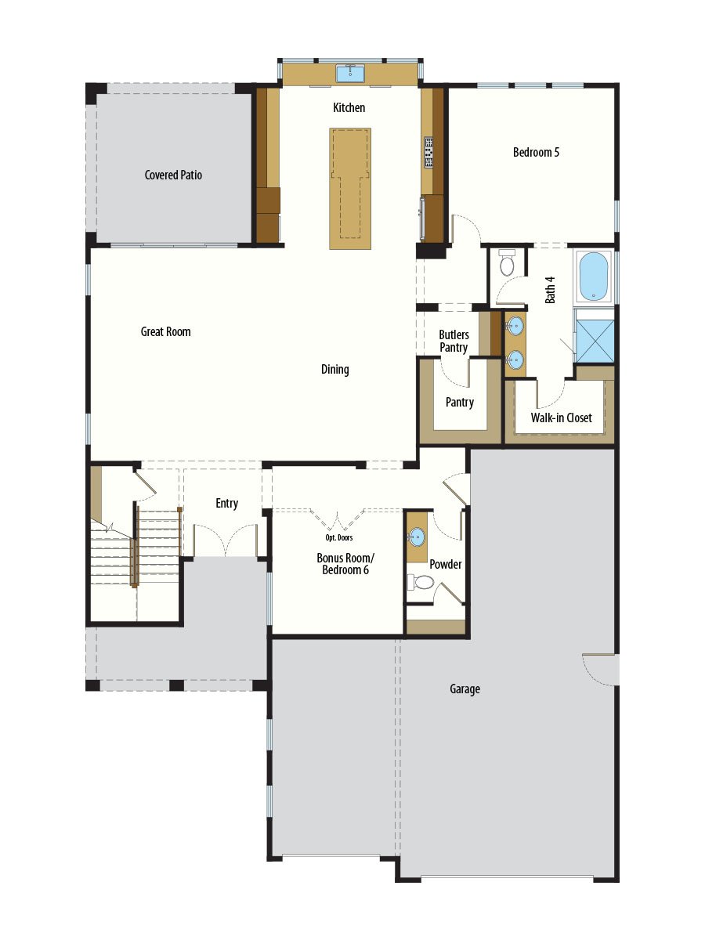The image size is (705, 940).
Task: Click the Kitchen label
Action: point(349,108)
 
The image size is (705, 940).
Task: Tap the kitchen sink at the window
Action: point(349,74)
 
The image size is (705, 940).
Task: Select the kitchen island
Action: point(350,188)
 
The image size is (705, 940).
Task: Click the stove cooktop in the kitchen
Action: point(429,153)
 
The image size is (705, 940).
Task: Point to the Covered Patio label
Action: point(173,175)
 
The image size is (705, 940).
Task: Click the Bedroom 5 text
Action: point(536,152)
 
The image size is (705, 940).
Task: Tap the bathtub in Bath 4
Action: point(593,276)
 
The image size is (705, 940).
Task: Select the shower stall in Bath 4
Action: point(594,335)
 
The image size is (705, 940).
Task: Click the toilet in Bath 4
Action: point(507,263)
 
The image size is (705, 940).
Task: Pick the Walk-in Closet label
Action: point(561,418)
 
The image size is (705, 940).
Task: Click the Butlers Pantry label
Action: point(454,341)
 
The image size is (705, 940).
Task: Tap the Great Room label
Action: point(165,332)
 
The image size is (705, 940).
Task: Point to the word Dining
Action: point(334,370)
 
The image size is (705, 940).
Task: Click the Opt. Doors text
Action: point(338,538)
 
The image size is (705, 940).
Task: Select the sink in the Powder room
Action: point(417,537)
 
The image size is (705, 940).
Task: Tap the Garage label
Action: point(465,689)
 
